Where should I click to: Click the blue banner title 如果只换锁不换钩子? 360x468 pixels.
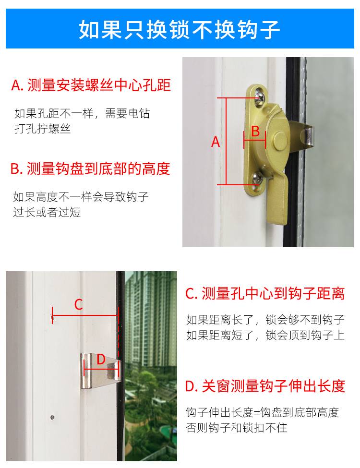[180, 30]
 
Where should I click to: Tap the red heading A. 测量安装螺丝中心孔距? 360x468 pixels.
[91, 85]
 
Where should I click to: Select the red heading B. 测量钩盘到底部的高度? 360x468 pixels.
[90, 168]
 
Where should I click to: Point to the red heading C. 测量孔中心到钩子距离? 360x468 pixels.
[265, 293]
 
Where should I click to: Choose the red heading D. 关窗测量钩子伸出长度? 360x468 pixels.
[265, 386]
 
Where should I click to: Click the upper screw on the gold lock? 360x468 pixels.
[259, 96]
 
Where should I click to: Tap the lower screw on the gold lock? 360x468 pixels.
[257, 178]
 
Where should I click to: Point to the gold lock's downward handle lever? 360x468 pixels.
[277, 200]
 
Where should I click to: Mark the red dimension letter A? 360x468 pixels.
[216, 142]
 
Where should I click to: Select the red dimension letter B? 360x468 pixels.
[255, 131]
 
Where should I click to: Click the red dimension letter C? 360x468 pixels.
[79, 305]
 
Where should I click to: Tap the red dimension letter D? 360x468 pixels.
[101, 360]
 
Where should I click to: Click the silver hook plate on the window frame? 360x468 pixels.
[100, 371]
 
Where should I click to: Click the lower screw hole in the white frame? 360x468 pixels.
[52, 417]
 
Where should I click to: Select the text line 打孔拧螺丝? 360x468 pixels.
[42, 129]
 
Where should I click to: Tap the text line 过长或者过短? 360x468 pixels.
[47, 213]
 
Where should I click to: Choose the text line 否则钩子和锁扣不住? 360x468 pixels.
[237, 428]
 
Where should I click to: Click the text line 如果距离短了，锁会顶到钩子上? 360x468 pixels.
[265, 335]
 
